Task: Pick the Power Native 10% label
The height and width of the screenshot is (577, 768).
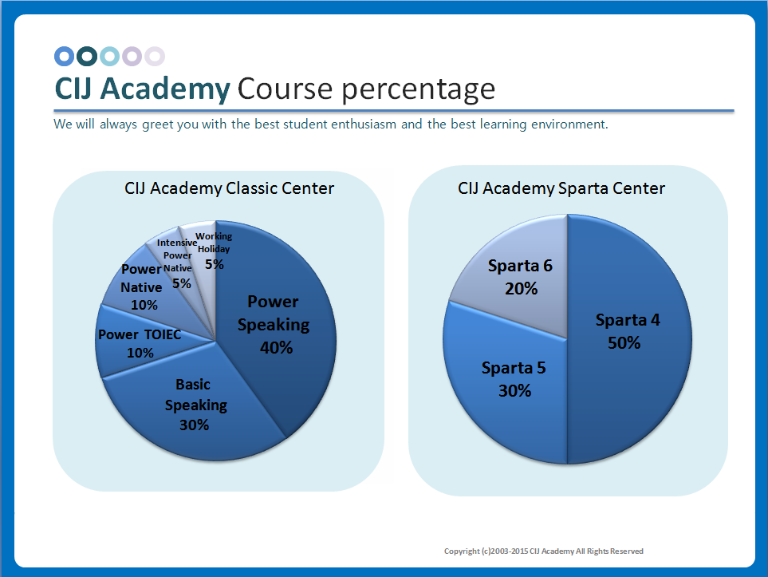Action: pos(141,287)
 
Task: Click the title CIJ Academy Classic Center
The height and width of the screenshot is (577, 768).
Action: pos(229,188)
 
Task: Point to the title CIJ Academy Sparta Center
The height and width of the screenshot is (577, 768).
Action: pos(561,188)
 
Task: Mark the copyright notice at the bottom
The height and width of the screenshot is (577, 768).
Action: pos(544,551)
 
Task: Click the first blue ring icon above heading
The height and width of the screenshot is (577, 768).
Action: pos(64,56)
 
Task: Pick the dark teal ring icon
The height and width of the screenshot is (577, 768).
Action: pos(87,56)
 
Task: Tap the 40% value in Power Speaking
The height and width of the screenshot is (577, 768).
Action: pos(277,347)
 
